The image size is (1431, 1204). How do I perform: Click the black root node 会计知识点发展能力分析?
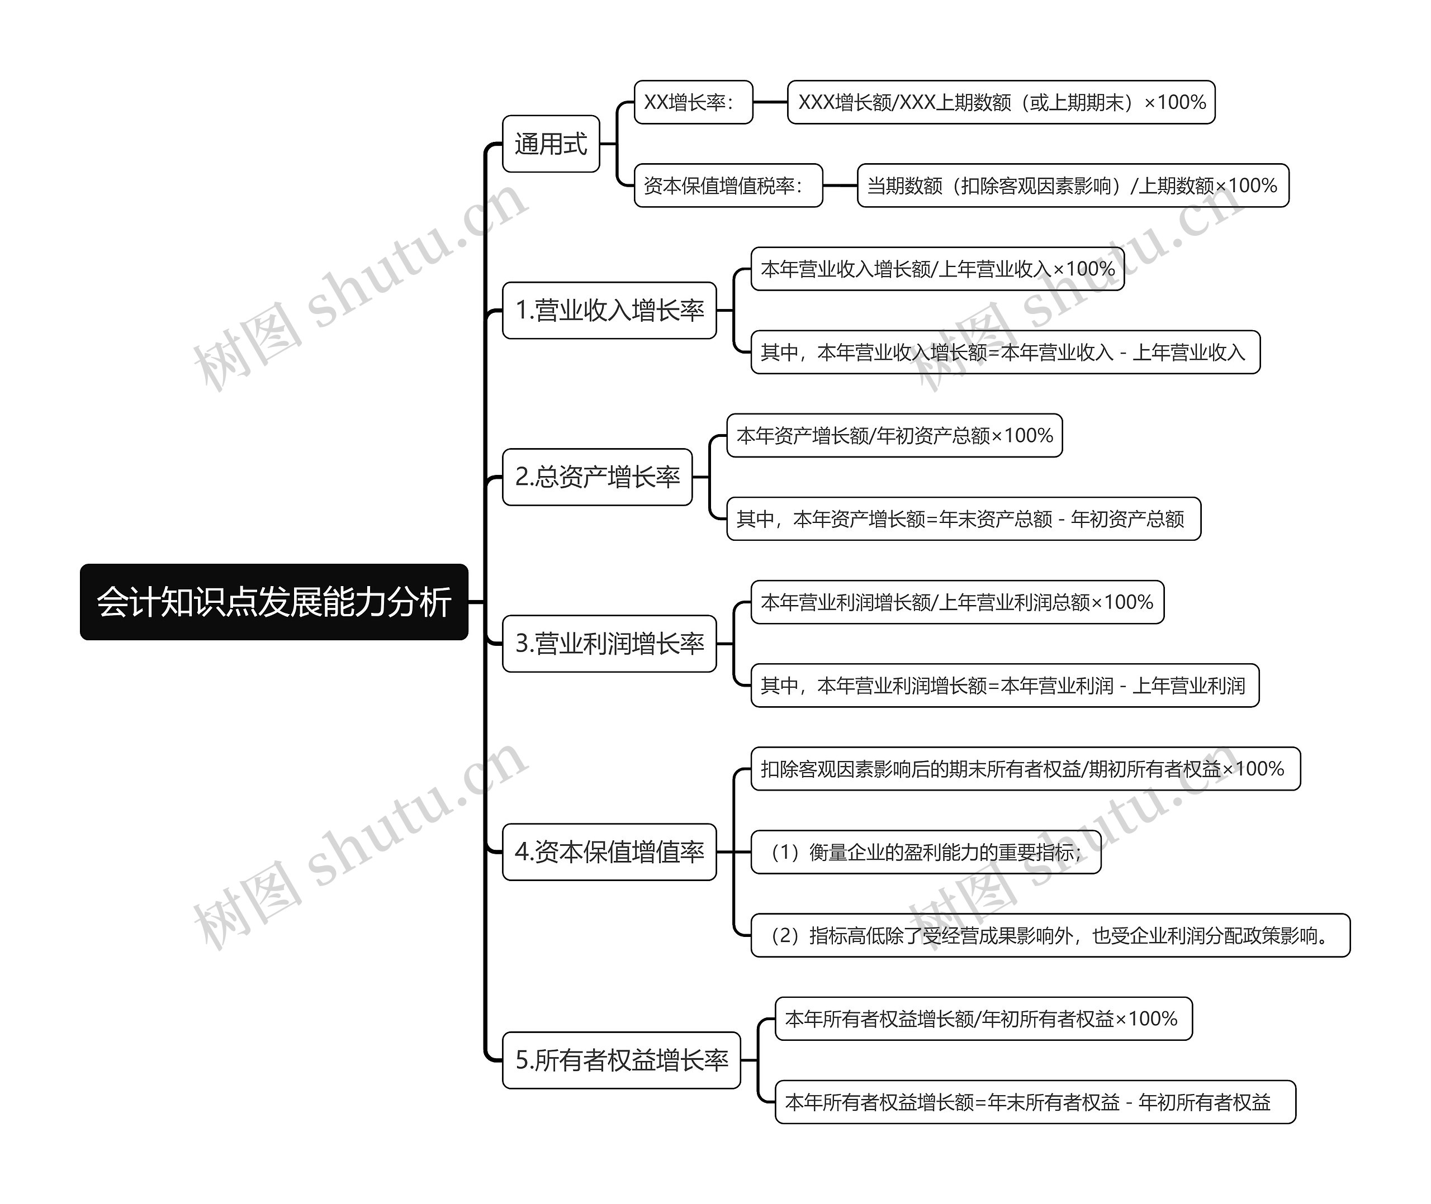click(274, 602)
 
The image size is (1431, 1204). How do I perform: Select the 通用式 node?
click(551, 144)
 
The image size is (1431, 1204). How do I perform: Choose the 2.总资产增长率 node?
click(598, 477)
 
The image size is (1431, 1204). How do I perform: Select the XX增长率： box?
click(694, 102)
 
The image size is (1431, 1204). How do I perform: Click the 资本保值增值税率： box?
click(728, 185)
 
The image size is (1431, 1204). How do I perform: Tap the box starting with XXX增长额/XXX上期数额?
click(1002, 102)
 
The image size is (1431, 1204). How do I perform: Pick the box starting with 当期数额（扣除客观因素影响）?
click(1073, 185)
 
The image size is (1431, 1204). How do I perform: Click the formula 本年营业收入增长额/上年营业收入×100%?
click(938, 269)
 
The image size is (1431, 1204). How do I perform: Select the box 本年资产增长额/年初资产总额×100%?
click(895, 435)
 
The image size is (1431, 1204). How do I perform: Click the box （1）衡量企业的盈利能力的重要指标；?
click(926, 852)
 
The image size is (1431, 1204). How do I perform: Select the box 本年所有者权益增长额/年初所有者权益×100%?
click(984, 1019)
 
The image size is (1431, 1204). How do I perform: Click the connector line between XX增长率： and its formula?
click(771, 102)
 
